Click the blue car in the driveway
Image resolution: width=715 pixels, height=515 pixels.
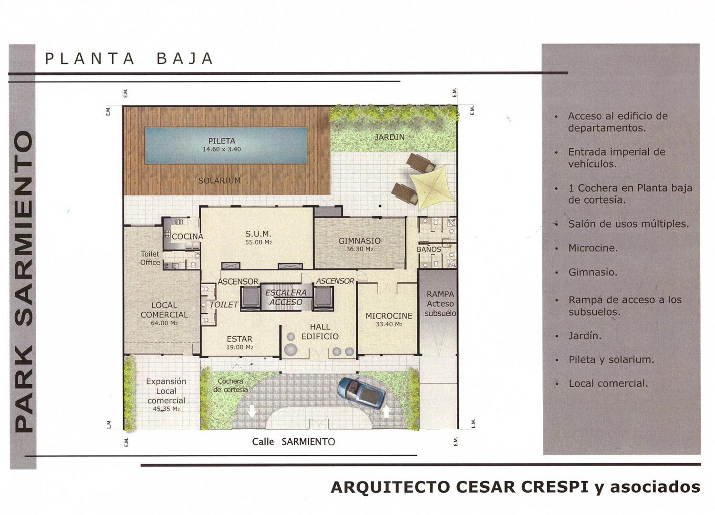pos(362,393)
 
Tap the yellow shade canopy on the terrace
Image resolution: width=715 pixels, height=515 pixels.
pos(433,186)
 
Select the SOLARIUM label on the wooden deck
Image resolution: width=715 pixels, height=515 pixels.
pos(219,181)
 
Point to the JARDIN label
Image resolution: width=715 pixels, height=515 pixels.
pos(389,137)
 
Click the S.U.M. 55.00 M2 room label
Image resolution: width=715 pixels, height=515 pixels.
pos(258,238)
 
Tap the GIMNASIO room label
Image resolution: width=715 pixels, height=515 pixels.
pos(360,245)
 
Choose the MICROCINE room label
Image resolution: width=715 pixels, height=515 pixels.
pos(389,319)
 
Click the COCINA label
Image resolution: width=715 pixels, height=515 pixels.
pos(187,237)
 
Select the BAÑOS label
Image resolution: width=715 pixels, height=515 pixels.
pos(429,249)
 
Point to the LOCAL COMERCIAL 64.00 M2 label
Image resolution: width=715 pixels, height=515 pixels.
pos(164,314)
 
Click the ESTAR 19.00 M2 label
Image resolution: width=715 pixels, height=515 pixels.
pos(239,343)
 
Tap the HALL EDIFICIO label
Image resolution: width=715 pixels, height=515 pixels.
pos(320,331)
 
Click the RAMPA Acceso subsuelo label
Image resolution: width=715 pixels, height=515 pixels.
pos(440,303)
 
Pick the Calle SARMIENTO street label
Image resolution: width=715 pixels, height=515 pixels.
pos(293,442)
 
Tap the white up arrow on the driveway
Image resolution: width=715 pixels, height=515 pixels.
pos(386,412)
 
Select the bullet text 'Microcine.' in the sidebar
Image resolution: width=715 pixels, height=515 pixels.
pos(593,248)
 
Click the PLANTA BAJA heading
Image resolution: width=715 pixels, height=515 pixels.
pos(129,59)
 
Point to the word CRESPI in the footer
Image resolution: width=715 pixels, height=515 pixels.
pos(555,487)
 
